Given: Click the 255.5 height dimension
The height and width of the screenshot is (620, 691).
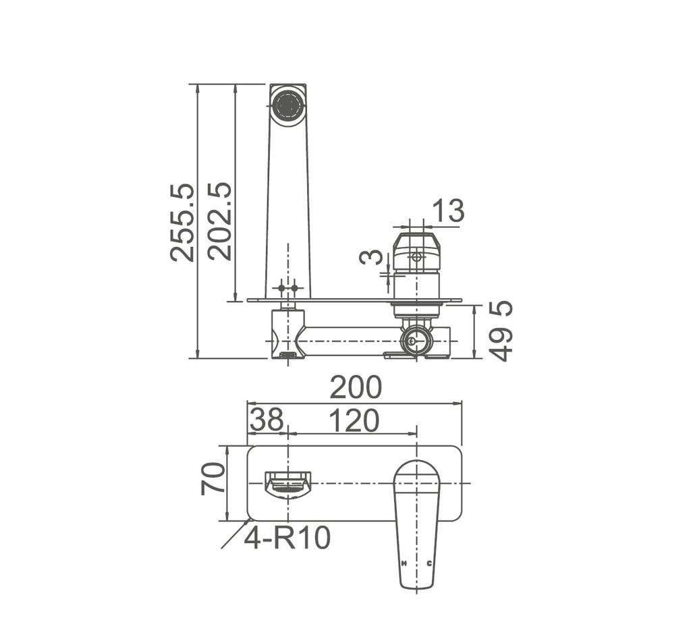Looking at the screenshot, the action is click(182, 223).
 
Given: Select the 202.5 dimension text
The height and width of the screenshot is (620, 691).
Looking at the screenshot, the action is click(220, 221).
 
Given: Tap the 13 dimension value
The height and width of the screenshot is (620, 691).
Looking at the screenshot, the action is click(448, 210).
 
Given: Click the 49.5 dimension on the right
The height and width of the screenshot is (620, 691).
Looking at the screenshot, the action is click(501, 331).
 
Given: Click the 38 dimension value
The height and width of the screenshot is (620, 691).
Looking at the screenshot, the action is click(267, 420).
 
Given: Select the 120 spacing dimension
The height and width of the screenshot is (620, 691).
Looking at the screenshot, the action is click(354, 420).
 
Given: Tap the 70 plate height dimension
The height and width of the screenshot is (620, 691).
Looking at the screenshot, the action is click(213, 479).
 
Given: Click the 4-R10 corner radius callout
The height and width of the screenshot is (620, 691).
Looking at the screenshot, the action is click(287, 538).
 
